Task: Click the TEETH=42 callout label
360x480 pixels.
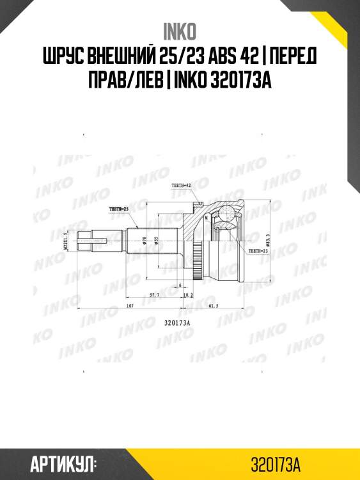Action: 182,185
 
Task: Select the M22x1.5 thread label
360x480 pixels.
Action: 67,240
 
